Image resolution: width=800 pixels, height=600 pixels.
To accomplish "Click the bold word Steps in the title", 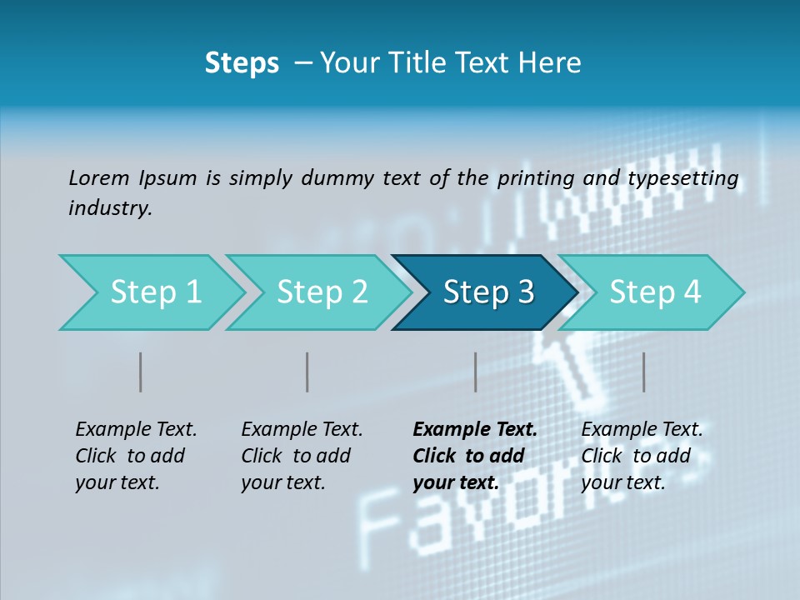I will [242, 63].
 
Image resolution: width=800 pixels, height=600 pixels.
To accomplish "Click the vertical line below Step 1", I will [141, 372].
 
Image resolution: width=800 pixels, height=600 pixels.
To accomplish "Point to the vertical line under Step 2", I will [307, 372].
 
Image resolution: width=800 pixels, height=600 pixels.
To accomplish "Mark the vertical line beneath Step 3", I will [475, 372].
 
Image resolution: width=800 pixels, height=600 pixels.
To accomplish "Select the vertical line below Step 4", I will [643, 372].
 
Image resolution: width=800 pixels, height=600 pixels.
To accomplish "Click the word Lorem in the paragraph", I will [99, 178].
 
